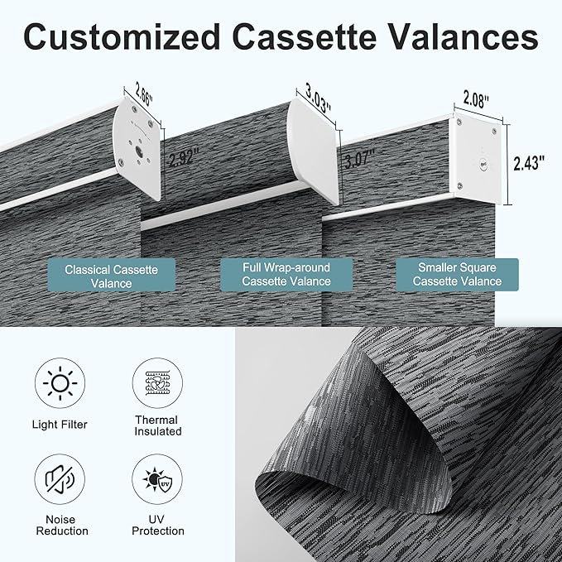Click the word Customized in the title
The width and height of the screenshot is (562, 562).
click(x=122, y=37)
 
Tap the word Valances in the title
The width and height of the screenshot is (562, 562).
click(x=463, y=37)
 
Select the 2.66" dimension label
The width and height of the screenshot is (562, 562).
click(x=144, y=94)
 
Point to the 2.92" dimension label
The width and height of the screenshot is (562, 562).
click(x=184, y=158)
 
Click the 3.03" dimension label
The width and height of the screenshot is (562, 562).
click(x=318, y=98)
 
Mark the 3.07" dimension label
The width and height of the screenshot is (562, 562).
click(x=359, y=159)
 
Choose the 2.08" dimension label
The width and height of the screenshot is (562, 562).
click(x=477, y=98)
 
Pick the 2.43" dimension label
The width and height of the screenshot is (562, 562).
click(x=529, y=163)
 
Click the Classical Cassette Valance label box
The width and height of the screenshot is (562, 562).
click(x=112, y=276)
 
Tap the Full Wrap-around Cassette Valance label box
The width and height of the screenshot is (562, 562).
click(x=286, y=275)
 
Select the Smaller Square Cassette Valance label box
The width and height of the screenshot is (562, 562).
click(x=457, y=275)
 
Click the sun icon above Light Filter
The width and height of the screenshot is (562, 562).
click(x=60, y=383)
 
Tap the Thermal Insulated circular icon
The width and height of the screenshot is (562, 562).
click(x=157, y=383)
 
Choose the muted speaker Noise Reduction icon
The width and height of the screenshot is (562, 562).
click(x=60, y=479)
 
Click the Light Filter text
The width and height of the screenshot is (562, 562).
click(x=60, y=425)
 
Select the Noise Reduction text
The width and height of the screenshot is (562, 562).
click(x=62, y=525)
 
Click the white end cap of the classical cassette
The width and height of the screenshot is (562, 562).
click(x=138, y=147)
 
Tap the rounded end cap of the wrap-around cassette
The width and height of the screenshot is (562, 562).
click(x=313, y=151)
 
